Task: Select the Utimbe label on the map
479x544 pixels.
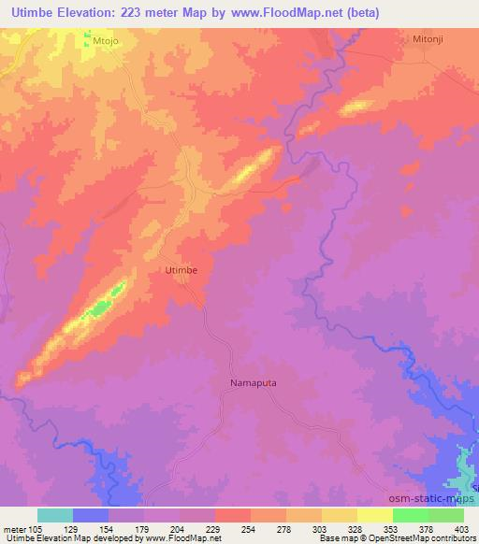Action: pos(181,269)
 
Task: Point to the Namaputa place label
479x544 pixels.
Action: pos(253,382)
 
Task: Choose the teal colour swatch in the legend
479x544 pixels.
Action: pos(55,514)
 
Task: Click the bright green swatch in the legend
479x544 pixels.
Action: pos(411,514)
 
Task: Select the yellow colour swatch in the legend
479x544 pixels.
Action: pos(340,514)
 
